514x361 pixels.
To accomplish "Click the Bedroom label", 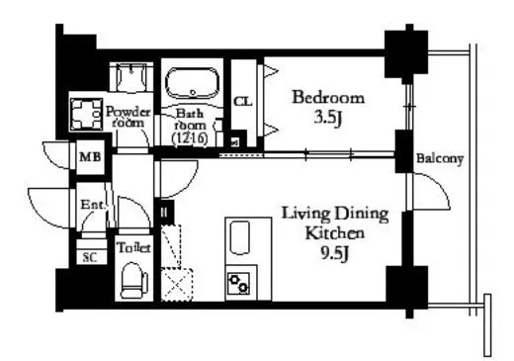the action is [328, 98].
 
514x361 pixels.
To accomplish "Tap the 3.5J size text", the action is [327, 118].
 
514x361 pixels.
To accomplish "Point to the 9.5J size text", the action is [334, 253].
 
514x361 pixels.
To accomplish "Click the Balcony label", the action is [440, 158].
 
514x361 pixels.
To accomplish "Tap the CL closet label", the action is [243, 102].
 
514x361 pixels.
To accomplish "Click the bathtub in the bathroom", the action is [192, 83].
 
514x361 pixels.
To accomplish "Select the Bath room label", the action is [190, 119].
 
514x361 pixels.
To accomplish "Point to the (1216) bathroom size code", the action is [190, 138].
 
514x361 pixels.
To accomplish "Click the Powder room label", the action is [128, 117].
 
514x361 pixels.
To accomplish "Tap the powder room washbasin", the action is [131, 77].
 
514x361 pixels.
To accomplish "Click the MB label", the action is [90, 157].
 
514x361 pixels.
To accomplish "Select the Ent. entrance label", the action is [92, 205].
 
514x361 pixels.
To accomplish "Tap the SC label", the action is [90, 257].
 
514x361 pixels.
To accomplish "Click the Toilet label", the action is [133, 248].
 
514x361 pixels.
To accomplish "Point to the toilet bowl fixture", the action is [133, 281].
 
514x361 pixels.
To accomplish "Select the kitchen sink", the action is [239, 237].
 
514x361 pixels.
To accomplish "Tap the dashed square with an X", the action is [177, 285].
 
